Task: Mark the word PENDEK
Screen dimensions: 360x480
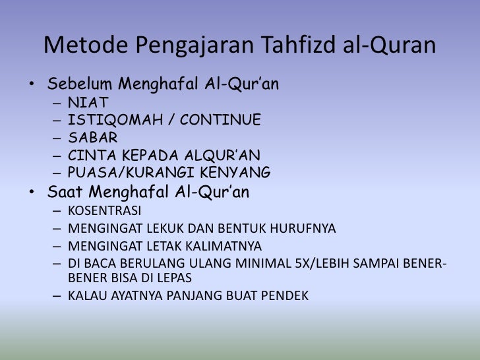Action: (x=284, y=295)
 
